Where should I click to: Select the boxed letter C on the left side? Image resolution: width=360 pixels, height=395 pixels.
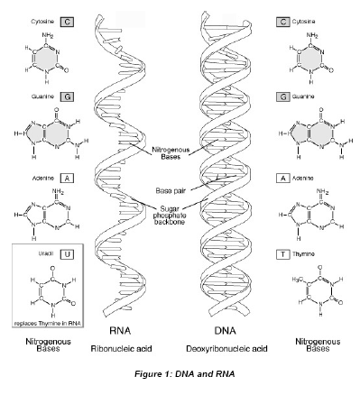point(42,18)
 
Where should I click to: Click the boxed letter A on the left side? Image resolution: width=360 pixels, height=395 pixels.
point(42,179)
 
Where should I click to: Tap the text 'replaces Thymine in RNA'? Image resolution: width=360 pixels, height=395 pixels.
point(44,322)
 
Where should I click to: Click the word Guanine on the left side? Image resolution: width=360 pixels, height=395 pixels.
point(19,95)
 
